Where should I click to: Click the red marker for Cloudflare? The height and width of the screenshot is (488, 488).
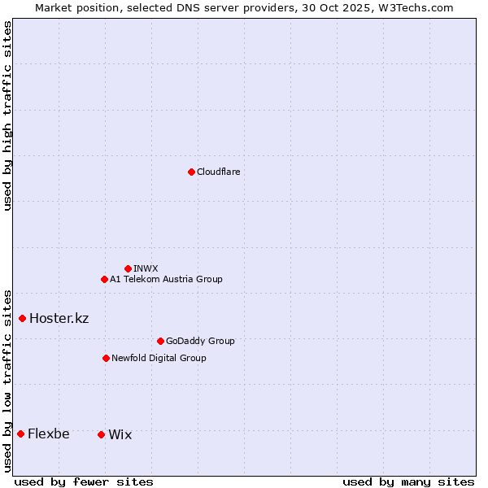coord(191,172)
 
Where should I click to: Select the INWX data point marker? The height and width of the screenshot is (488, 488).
coord(128,268)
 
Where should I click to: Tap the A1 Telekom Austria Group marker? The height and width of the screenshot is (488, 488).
coord(104,279)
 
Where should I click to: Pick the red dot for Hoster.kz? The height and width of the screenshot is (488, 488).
coord(22,318)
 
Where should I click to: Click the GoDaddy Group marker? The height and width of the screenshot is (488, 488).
coord(160,341)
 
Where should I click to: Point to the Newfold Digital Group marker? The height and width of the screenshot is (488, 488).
coord(106,358)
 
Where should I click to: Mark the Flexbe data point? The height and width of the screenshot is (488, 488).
coord(20,434)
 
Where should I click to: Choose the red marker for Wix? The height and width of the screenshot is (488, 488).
coord(101,434)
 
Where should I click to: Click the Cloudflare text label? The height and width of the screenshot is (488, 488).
coord(218,172)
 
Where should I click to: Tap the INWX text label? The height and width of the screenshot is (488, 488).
coord(146,268)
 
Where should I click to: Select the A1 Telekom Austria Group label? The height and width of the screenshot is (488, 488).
coord(166,279)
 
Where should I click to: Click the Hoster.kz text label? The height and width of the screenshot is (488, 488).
coord(59,318)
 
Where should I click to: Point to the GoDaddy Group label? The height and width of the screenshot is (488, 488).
coord(200,341)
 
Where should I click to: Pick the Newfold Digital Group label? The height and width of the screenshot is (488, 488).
coord(159,358)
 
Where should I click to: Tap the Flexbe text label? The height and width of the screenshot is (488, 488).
coord(48,434)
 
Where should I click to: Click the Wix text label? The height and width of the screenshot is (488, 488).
coord(120,434)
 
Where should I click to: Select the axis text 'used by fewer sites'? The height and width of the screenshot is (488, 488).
coord(84,481)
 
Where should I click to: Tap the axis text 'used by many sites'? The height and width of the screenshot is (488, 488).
coord(408,481)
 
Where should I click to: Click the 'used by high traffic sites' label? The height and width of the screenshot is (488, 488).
coord(7,115)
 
